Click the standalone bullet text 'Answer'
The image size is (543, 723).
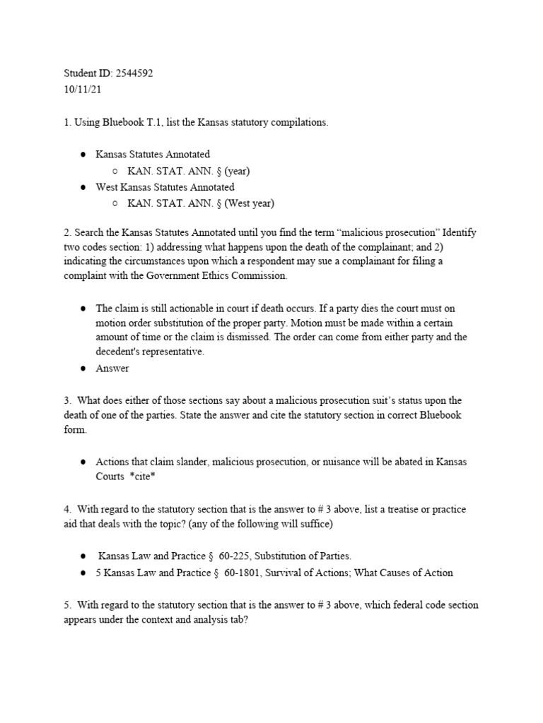click(112, 368)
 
